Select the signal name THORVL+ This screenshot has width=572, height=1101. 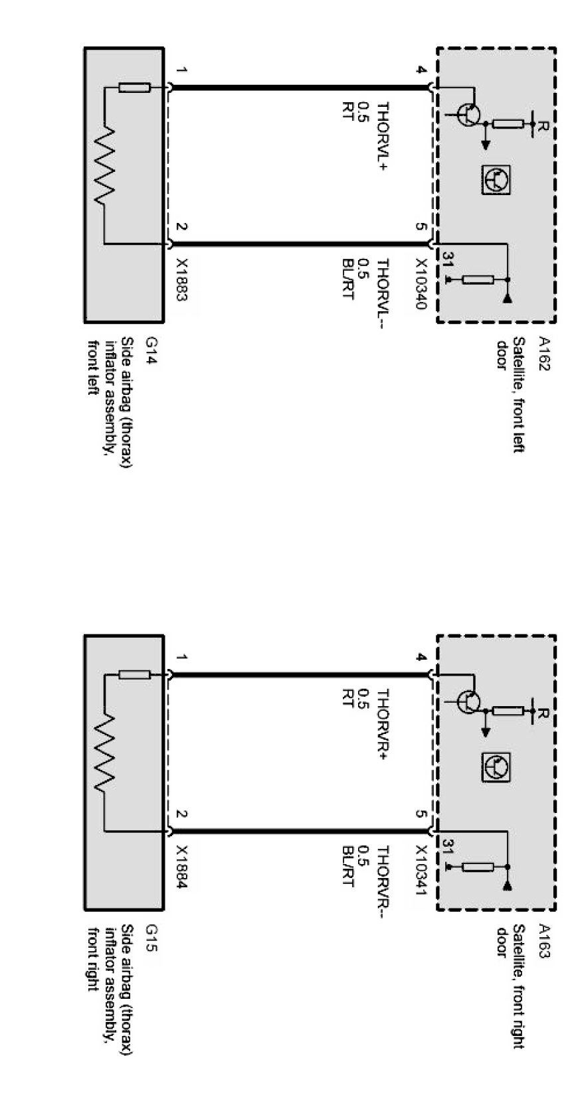pos(382,137)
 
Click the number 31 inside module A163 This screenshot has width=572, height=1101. pos(447,846)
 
